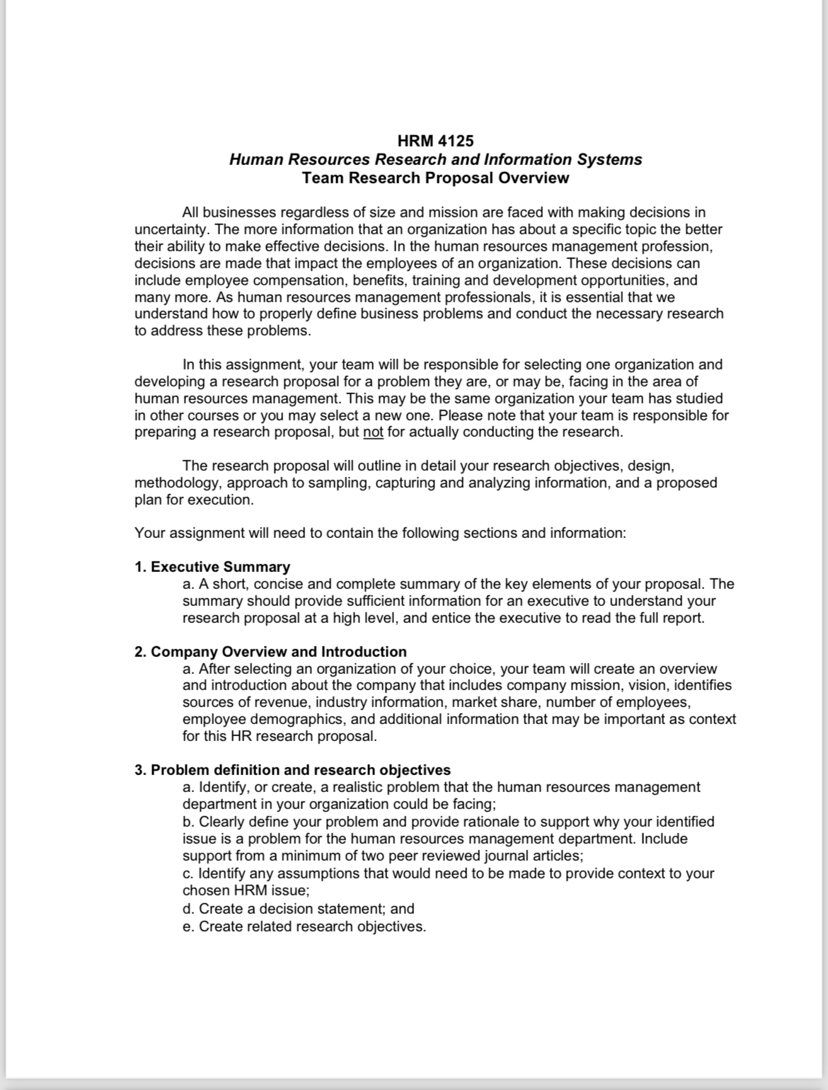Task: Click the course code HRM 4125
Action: click(435, 141)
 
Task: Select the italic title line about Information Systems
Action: click(435, 159)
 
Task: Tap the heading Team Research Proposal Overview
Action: click(435, 178)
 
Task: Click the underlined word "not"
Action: click(373, 432)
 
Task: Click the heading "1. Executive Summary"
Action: click(212, 567)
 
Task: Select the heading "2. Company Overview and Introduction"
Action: click(270, 651)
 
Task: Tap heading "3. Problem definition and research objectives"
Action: click(292, 770)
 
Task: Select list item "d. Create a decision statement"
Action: click(298, 909)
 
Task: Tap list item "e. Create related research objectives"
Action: click(304, 926)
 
